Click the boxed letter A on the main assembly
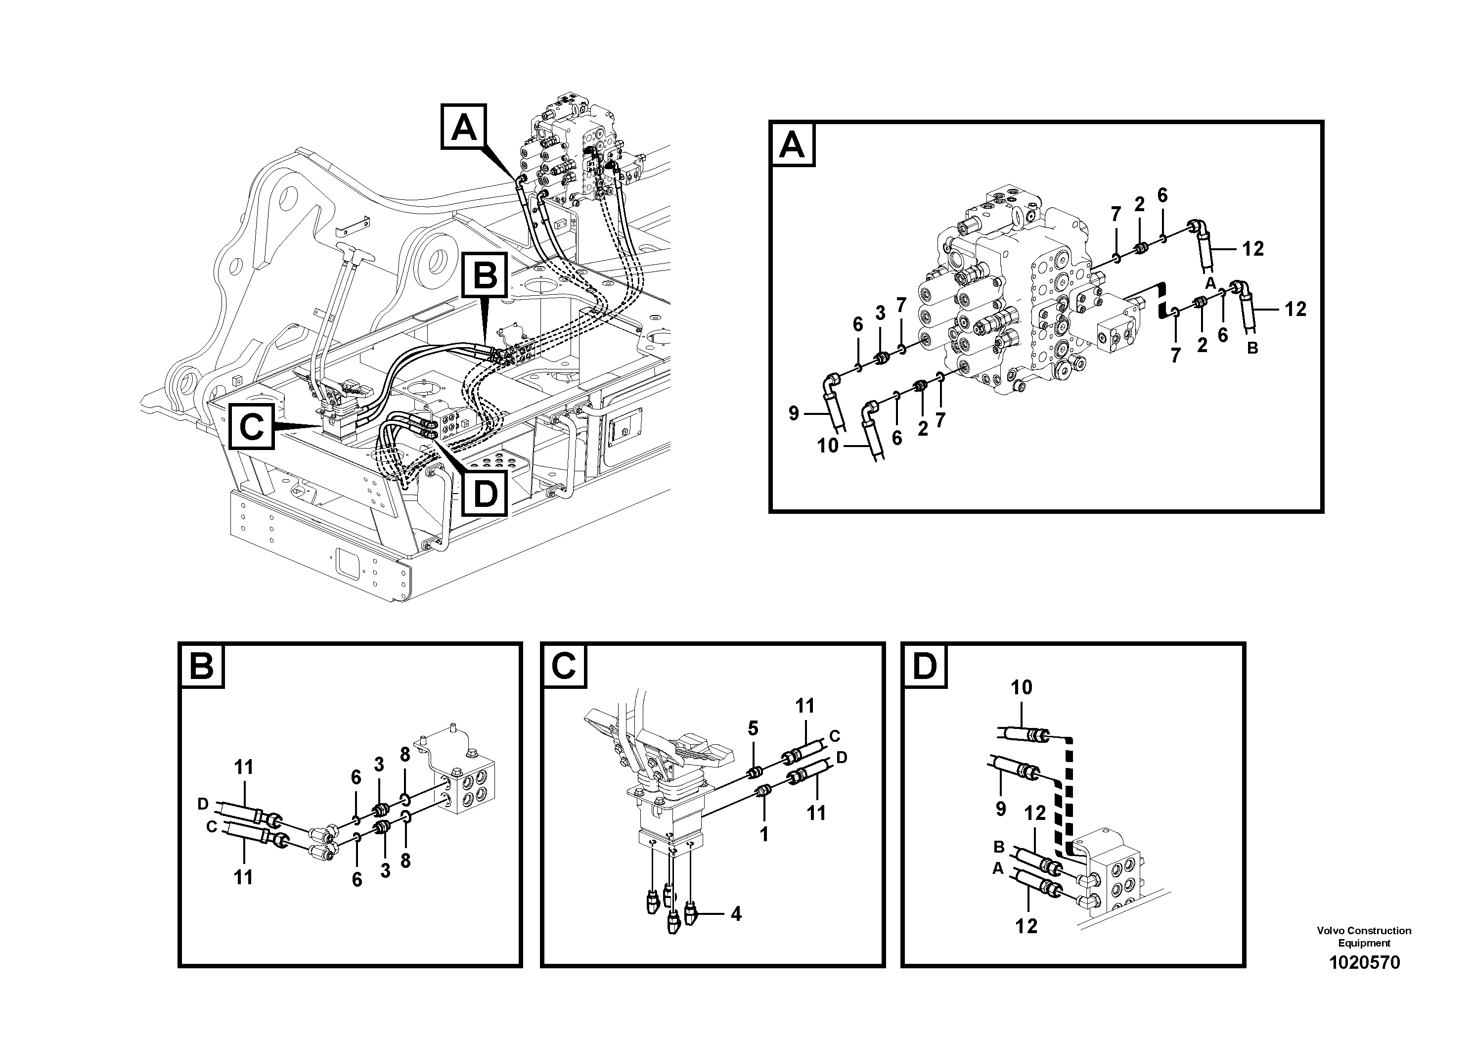click(x=463, y=128)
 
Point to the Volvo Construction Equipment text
click(x=1364, y=936)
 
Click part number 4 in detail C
click(x=736, y=914)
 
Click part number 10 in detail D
click(x=1021, y=688)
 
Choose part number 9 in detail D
click(x=1001, y=809)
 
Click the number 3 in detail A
click(x=880, y=313)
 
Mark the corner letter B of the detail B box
click(x=202, y=667)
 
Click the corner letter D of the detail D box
click(x=925, y=667)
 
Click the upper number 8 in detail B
click(x=404, y=755)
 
